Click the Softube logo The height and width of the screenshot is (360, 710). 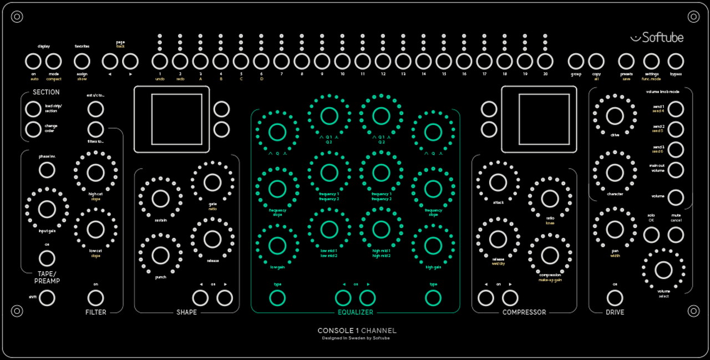pyautogui.click(x=657, y=38)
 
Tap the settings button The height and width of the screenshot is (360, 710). pyautogui.click(x=651, y=61)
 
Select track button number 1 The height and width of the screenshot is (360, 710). pyautogui.click(x=160, y=61)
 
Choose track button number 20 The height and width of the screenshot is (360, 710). pyautogui.click(x=545, y=61)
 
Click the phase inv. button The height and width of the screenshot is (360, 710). pyautogui.click(x=47, y=170)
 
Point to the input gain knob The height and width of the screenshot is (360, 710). pyautogui.click(x=47, y=209)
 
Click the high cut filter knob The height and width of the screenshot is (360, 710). pyautogui.click(x=95, y=173)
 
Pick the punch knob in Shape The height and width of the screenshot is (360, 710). pyautogui.click(x=160, y=255)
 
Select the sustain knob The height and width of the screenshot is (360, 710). pyautogui.click(x=160, y=199)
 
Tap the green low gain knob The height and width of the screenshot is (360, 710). pyautogui.click(x=277, y=245)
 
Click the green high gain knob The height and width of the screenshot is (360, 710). pyautogui.click(x=433, y=245)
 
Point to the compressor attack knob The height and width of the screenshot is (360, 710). pyautogui.click(x=498, y=182)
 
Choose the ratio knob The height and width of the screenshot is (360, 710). pyautogui.click(x=550, y=199)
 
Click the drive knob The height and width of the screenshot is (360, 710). pyautogui.click(x=615, y=116)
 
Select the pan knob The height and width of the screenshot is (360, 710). pyautogui.click(x=615, y=229)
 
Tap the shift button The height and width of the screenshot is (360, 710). pyautogui.click(x=47, y=298)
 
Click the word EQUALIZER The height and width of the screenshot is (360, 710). pyautogui.click(x=356, y=312)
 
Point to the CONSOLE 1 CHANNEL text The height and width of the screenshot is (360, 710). pyautogui.click(x=357, y=331)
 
